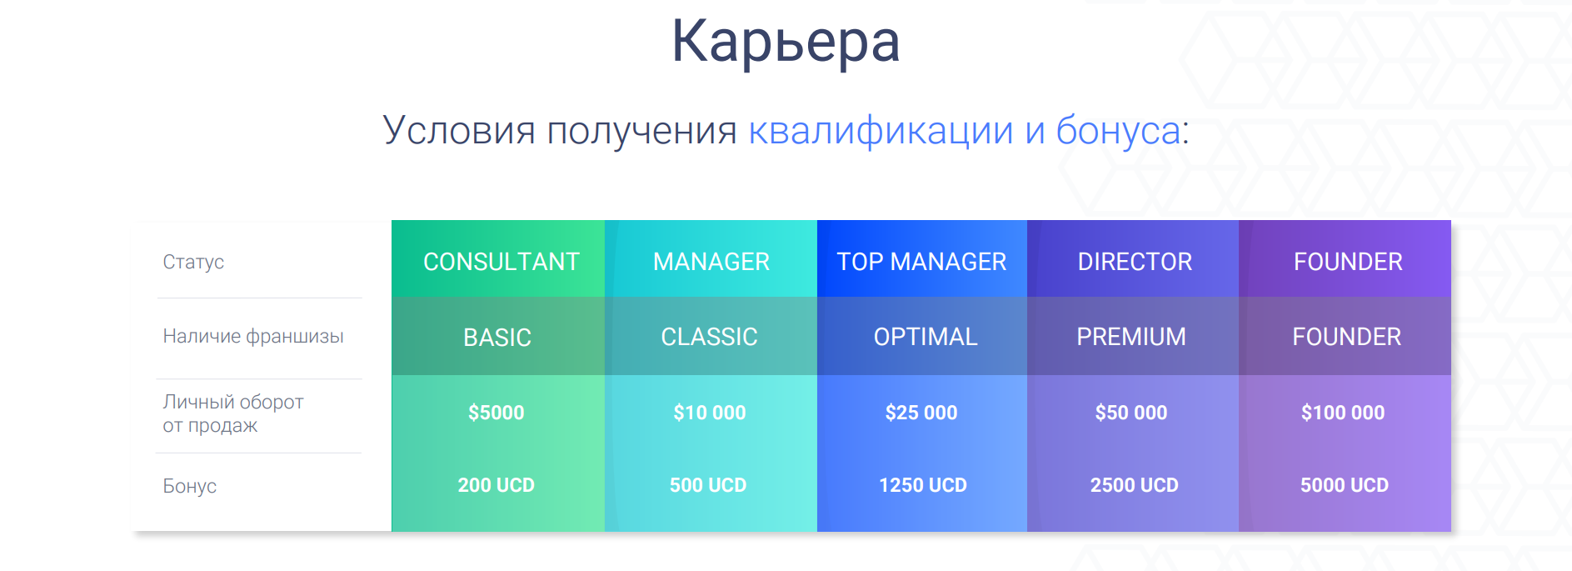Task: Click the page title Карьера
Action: [786, 42]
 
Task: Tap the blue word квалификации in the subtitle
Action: [881, 131]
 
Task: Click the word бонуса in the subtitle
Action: [1118, 130]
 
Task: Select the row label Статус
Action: [193, 262]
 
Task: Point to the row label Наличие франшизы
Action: [253, 336]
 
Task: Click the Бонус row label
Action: [189, 486]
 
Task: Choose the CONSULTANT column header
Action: [502, 262]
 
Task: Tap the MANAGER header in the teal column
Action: [711, 262]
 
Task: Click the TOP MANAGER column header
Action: [921, 262]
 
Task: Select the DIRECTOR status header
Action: [1135, 262]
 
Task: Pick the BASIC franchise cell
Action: [497, 338]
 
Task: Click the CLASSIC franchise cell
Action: [709, 337]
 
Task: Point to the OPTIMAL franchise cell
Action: [926, 337]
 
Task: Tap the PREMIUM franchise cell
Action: [1131, 337]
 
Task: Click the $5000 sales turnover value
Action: [497, 413]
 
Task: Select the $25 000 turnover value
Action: [921, 413]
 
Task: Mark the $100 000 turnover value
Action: [1343, 413]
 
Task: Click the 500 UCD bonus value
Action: [708, 485]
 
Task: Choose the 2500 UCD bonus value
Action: [1135, 485]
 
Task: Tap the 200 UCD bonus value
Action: [497, 485]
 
